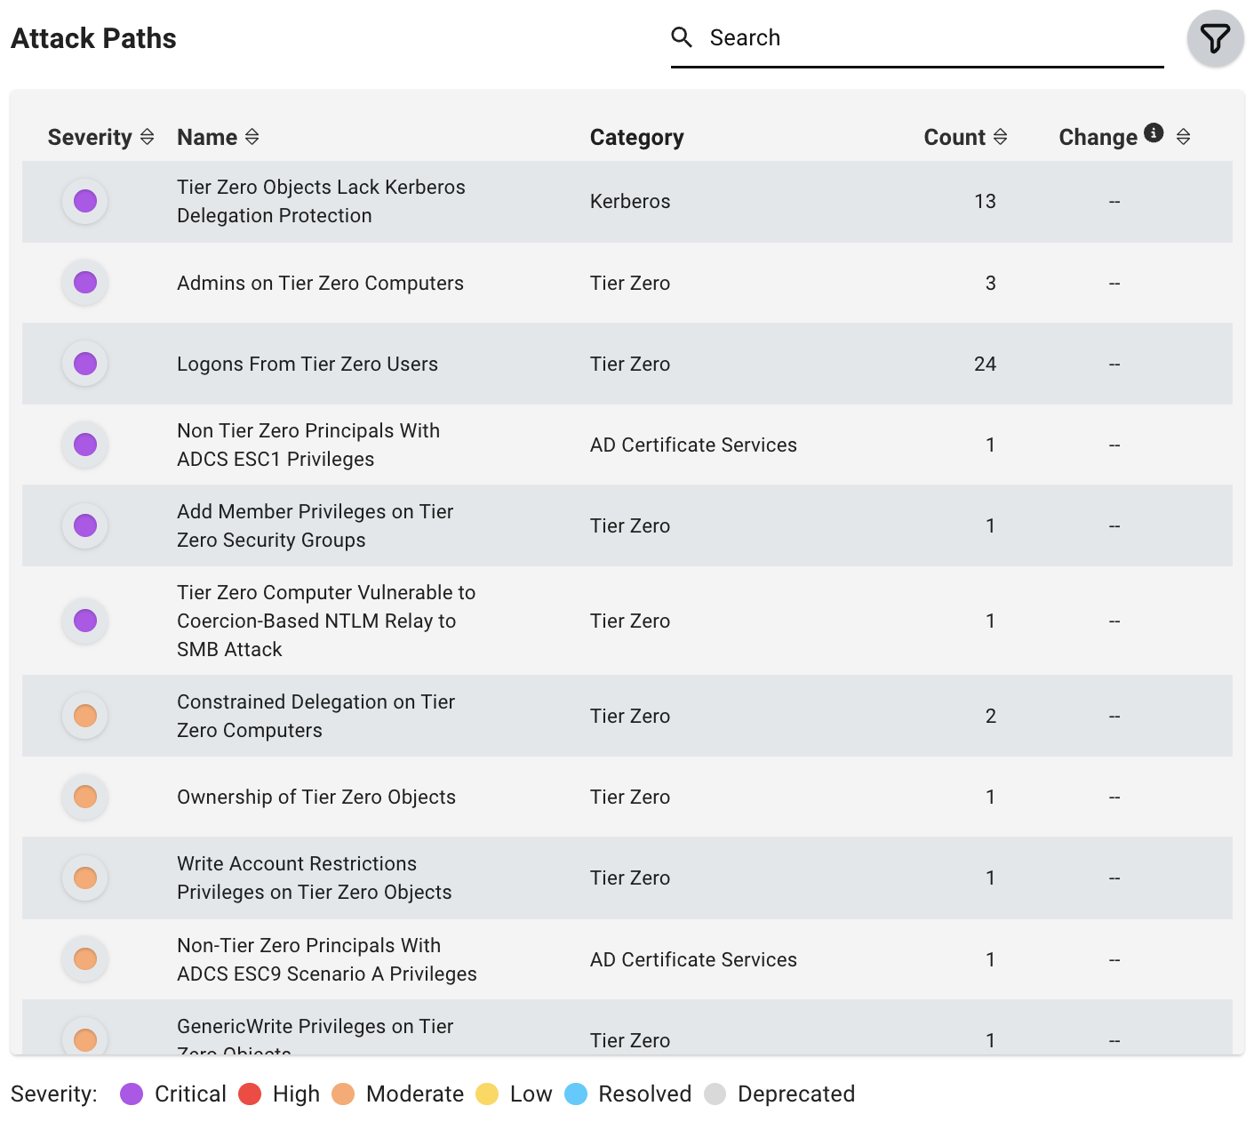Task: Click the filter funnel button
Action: (1215, 38)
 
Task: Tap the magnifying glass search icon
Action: (682, 37)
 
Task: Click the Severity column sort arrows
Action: (148, 137)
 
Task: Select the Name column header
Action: (207, 137)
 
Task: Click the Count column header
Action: (954, 137)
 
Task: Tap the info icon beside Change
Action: (1154, 132)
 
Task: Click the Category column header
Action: (636, 137)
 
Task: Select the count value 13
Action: (985, 202)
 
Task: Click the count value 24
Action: (985, 364)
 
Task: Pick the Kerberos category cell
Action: (630, 202)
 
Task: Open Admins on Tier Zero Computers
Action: (320, 283)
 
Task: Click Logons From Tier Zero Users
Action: (308, 364)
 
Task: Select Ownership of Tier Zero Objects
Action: (316, 797)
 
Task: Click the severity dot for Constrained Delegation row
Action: (85, 716)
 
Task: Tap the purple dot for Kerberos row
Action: (85, 202)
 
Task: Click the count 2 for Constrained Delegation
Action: (990, 716)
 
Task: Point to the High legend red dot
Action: (250, 1094)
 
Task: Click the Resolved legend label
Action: (644, 1094)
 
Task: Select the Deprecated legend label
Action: (795, 1094)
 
